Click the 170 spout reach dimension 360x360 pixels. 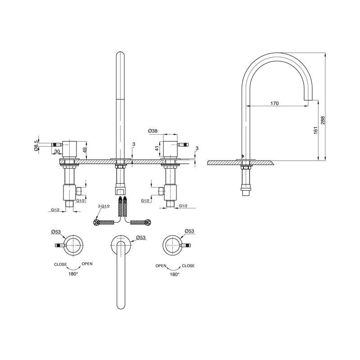pos(274,103)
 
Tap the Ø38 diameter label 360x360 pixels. pos(153,131)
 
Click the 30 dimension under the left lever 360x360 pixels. pos(58,152)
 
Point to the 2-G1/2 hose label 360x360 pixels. pos(104,207)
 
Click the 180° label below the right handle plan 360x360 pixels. pos(175,274)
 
